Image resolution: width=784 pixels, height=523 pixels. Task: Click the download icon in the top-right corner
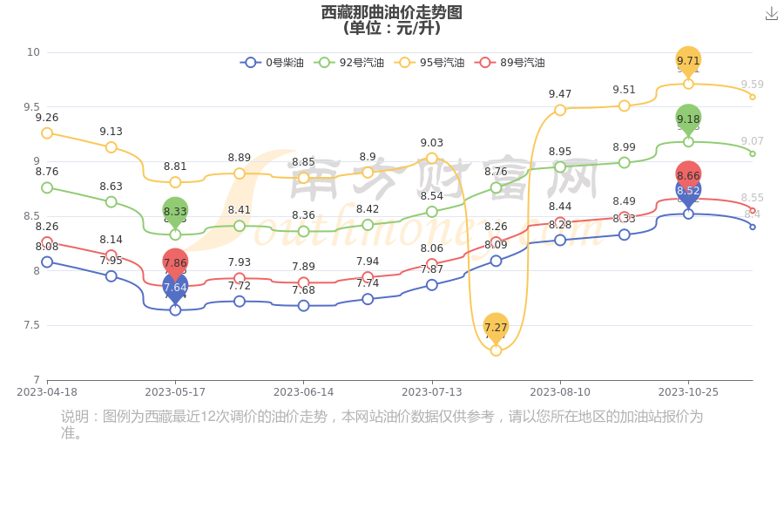[x=771, y=13]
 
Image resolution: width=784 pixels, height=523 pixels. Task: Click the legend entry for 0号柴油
[x=273, y=63]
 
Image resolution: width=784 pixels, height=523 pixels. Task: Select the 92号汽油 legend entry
[x=349, y=63]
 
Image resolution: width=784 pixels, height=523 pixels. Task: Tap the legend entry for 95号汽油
[x=429, y=63]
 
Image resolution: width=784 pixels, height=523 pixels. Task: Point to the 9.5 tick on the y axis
[x=32, y=107]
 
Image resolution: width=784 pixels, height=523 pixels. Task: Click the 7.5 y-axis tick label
[x=32, y=325]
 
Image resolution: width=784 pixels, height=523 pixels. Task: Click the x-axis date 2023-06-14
[x=303, y=392]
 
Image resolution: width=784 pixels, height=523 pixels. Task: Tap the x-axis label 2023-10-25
[x=688, y=392]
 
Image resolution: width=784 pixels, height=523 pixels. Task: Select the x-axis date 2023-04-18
[x=47, y=392]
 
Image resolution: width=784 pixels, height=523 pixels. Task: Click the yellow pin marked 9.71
[x=688, y=60]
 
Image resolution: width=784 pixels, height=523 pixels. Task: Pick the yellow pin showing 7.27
[x=496, y=327]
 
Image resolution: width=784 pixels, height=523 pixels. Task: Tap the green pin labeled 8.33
[x=175, y=211]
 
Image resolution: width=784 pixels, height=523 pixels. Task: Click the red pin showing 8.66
[x=688, y=174]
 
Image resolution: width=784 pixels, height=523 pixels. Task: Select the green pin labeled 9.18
[x=688, y=119]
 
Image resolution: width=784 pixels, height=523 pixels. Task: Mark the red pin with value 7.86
[x=175, y=261]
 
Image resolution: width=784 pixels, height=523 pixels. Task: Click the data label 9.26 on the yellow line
[x=47, y=118]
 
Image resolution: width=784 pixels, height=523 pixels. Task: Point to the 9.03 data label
[x=432, y=143]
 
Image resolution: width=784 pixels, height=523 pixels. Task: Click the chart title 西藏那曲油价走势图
[x=391, y=12]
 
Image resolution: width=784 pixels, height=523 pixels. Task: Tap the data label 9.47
[x=560, y=94]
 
